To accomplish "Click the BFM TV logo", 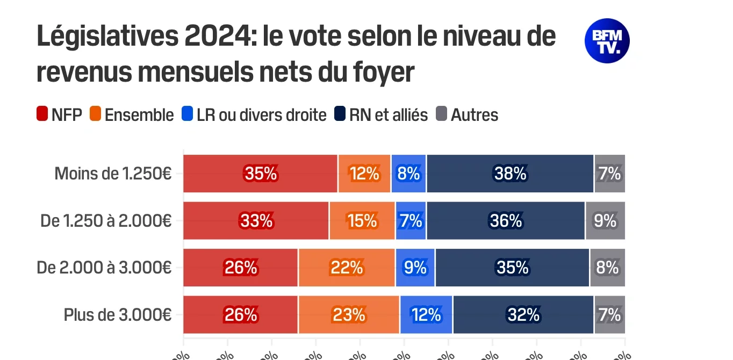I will [x=607, y=41].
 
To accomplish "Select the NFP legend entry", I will [x=59, y=114].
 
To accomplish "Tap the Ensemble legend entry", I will [x=132, y=114].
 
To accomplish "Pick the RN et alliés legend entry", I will [x=381, y=114].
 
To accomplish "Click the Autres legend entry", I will [x=467, y=114].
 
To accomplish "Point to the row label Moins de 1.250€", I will [x=113, y=174].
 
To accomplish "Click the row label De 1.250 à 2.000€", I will [x=106, y=221].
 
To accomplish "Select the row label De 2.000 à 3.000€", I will [x=104, y=268].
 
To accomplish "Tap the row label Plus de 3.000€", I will [x=118, y=315].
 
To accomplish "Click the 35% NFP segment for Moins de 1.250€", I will [x=261, y=174].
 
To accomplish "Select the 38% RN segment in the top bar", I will [x=510, y=174].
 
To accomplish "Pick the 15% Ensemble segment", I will [x=362, y=221].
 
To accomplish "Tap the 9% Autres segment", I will [x=605, y=221].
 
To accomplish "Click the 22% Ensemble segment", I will [x=347, y=268].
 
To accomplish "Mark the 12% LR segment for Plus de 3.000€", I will [x=426, y=315].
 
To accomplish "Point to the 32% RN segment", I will [x=523, y=315].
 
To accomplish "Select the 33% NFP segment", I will [x=256, y=221].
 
